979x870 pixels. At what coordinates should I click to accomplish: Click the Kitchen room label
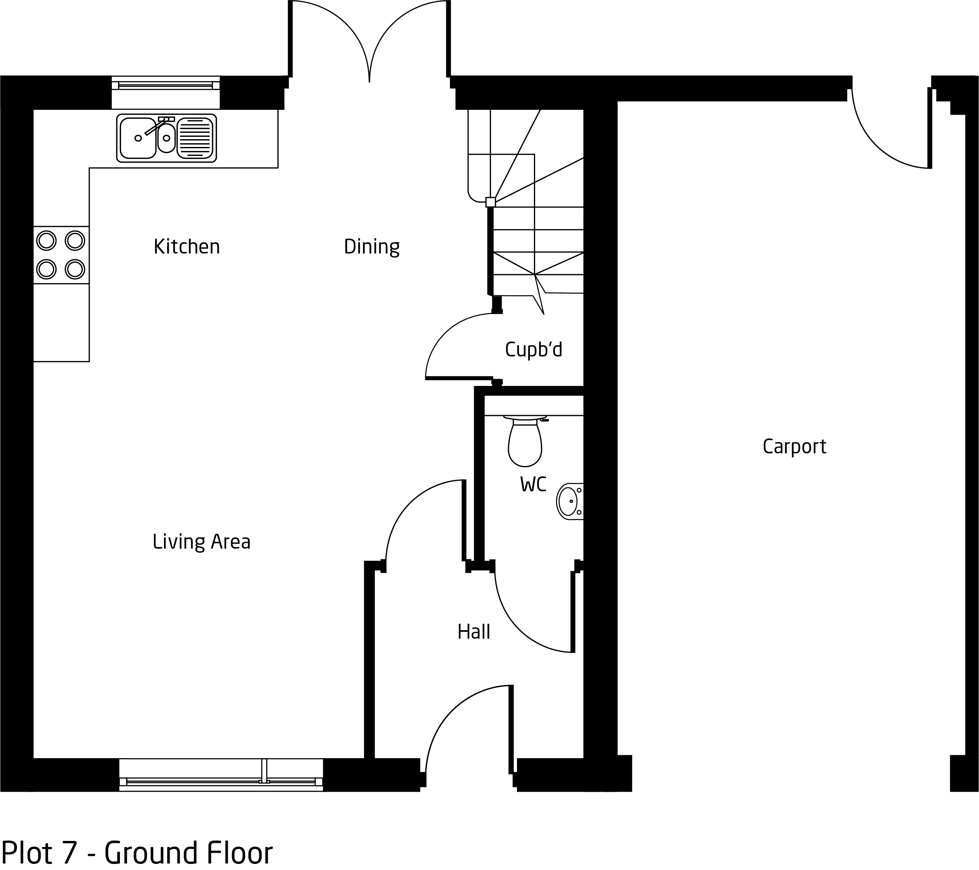[x=187, y=247]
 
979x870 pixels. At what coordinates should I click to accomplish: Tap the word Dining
[x=372, y=247]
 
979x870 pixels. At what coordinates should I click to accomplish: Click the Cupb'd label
[x=534, y=350]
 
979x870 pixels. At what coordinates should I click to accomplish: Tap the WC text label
[x=533, y=484]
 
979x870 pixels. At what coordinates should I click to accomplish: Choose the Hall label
[x=474, y=632]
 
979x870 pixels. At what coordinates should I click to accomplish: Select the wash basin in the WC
[x=570, y=501]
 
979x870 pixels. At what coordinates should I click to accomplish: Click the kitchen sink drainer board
[x=195, y=138]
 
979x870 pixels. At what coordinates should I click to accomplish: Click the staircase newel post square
[x=490, y=202]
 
